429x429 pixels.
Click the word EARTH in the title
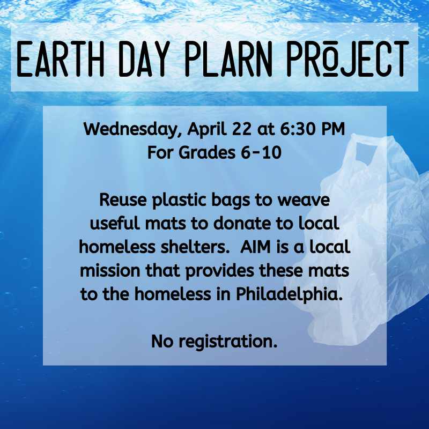tap(60, 59)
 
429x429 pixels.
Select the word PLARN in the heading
tap(228, 59)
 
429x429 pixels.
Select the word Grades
tap(207, 152)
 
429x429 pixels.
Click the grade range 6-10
tap(261, 153)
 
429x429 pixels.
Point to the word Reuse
tap(123, 199)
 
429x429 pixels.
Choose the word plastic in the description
tap(179, 200)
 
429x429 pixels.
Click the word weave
tap(304, 200)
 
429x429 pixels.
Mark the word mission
tap(110, 271)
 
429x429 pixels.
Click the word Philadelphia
tap(289, 294)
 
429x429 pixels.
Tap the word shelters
tap(195, 247)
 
